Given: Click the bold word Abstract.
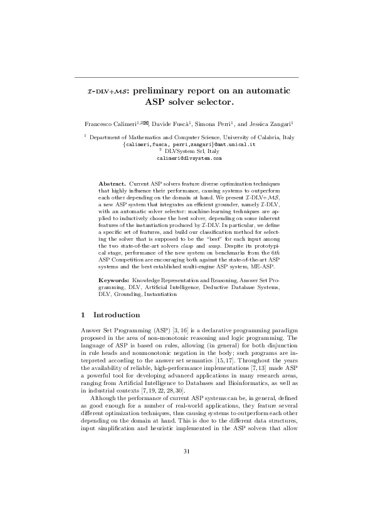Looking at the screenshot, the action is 113,182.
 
